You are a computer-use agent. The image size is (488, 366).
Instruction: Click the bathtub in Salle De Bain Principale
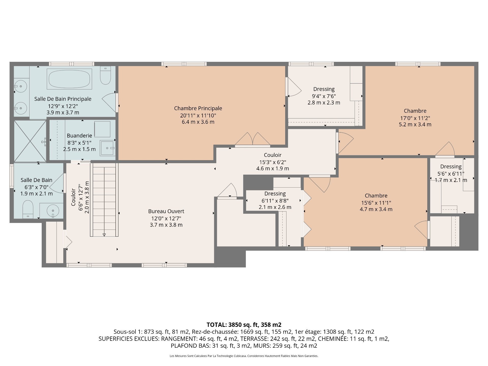click(x=69, y=79)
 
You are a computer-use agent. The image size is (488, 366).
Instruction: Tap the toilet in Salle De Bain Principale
click(x=105, y=75)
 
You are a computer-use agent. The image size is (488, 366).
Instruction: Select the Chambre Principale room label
click(x=198, y=108)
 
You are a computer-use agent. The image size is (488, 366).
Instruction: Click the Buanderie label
click(x=79, y=136)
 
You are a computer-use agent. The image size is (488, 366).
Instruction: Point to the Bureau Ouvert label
click(x=166, y=211)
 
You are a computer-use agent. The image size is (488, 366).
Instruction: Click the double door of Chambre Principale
click(x=252, y=140)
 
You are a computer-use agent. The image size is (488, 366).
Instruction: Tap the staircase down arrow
click(x=104, y=235)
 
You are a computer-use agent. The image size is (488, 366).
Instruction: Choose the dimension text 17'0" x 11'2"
click(x=415, y=118)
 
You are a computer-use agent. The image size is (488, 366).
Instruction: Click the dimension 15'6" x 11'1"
click(x=376, y=203)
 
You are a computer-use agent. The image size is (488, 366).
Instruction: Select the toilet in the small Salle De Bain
click(x=28, y=209)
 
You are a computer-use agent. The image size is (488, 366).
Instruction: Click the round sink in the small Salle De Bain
click(x=53, y=211)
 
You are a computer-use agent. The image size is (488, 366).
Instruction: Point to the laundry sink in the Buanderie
click(x=108, y=148)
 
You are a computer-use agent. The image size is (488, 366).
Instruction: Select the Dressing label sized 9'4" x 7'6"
click(x=324, y=89)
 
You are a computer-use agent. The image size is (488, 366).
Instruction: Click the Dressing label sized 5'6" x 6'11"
click(x=451, y=167)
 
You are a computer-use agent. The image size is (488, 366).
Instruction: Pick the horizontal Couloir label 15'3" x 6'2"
click(x=273, y=155)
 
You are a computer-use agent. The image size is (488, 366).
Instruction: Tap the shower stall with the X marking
click(x=30, y=141)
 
